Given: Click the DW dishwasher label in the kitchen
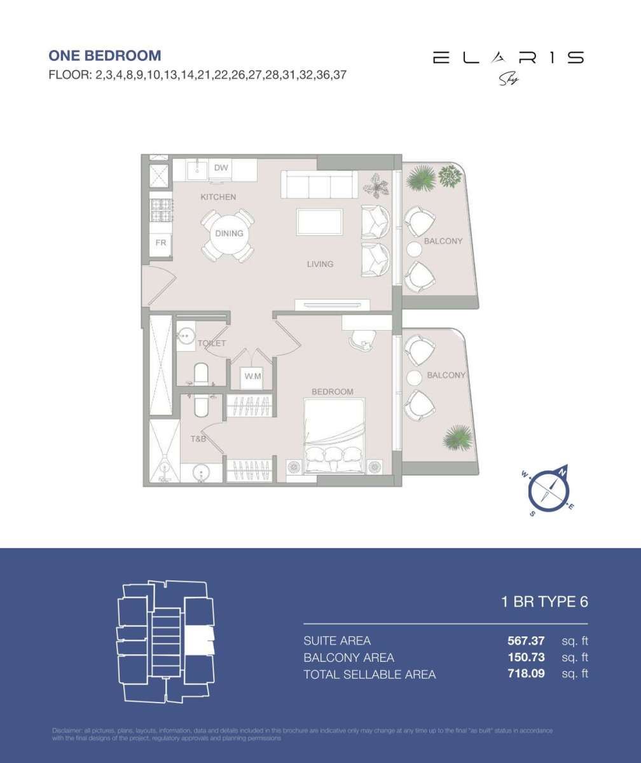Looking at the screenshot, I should (221, 168).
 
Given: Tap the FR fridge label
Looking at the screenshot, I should (161, 242).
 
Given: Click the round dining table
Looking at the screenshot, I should (228, 234).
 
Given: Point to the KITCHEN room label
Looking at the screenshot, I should (218, 197).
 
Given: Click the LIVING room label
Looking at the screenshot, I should (320, 264).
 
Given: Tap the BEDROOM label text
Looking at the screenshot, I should (332, 392).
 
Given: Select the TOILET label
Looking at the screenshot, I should (212, 343).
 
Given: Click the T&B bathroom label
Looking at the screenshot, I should (198, 439).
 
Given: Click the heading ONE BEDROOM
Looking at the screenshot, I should (105, 56).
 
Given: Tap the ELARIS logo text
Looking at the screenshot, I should (508, 58).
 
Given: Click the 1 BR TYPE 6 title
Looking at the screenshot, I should (544, 602).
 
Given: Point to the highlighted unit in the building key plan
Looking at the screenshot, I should (198, 641).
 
